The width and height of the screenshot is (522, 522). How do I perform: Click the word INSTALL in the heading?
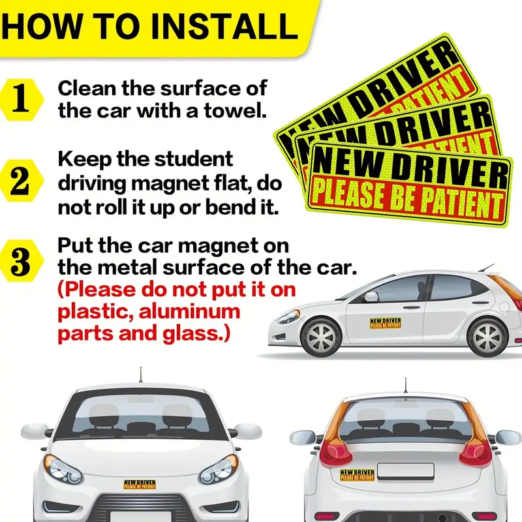[x=224, y=26]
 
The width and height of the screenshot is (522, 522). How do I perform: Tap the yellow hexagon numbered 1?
[x=20, y=100]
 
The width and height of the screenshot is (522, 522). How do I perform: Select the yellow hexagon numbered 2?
[x=20, y=181]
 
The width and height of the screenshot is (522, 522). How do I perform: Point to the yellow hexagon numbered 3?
[x=20, y=260]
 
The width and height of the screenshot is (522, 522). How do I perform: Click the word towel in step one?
[x=236, y=110]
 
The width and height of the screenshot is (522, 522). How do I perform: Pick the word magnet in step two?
[x=170, y=183]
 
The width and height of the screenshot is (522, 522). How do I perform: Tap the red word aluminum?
[x=189, y=312]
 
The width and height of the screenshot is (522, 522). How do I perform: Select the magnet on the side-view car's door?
[x=386, y=323]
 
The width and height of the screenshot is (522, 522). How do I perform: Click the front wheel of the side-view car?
[x=321, y=337]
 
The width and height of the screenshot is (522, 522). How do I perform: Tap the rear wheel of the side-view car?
[x=487, y=337]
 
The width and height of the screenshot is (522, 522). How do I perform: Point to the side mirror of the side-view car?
[x=371, y=296]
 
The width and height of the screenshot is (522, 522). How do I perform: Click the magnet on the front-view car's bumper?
[x=140, y=484]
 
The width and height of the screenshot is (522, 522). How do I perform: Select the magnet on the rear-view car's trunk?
[x=357, y=475]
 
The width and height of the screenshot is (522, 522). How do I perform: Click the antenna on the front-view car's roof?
[x=141, y=375]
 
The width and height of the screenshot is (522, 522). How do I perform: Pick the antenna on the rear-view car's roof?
[x=405, y=385]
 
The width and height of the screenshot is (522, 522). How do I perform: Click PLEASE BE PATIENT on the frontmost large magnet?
[x=408, y=200]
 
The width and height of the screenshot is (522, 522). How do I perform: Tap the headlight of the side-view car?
[x=288, y=316]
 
